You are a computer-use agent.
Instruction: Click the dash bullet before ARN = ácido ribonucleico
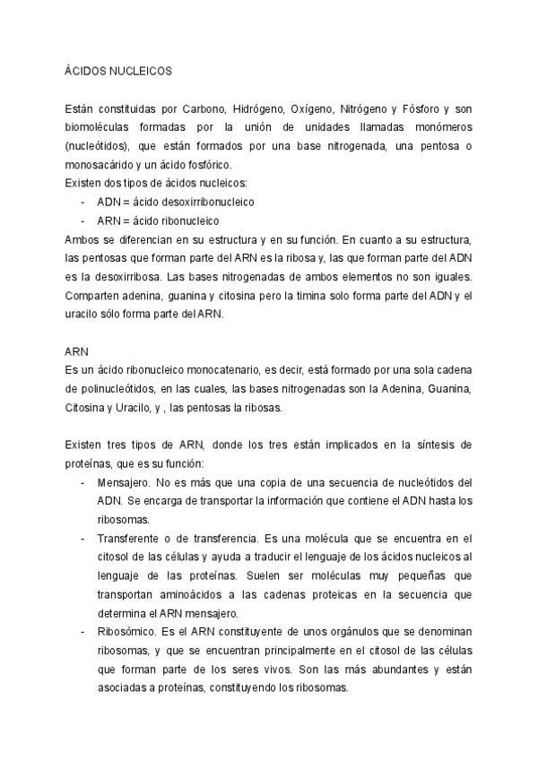pyautogui.click(x=82, y=220)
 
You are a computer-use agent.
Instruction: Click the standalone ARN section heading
pyautogui.click(x=77, y=352)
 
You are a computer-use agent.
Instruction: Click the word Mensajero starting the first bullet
pyautogui.click(x=126, y=483)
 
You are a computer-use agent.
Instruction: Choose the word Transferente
pyautogui.click(x=132, y=539)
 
